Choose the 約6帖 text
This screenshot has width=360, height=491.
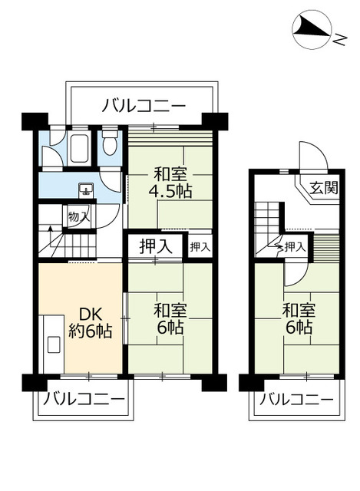[91, 332]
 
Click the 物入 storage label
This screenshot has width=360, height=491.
[79, 216]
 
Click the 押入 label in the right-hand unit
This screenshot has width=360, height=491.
[296, 246]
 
